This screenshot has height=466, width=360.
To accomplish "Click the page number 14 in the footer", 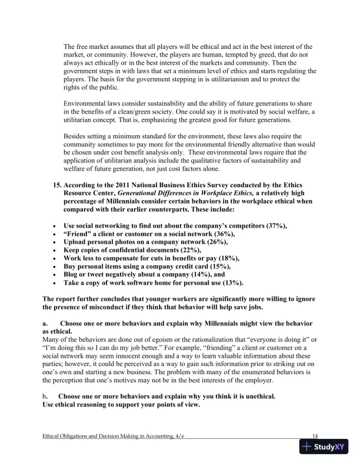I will click(x=315, y=436).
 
